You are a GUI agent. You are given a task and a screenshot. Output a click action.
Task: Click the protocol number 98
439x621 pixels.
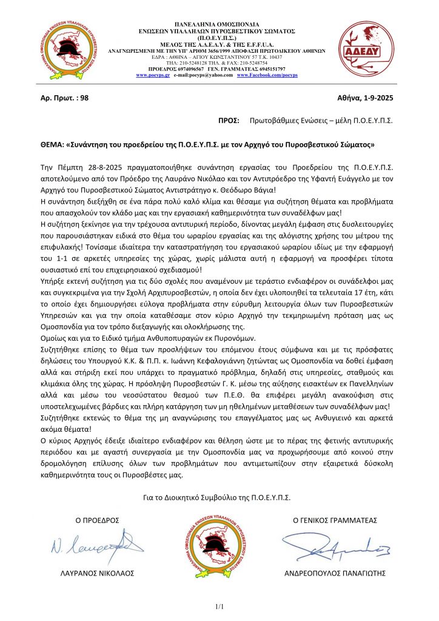[84, 96]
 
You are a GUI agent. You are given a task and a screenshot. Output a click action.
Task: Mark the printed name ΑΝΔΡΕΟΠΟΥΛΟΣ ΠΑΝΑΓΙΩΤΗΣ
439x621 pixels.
[335, 573]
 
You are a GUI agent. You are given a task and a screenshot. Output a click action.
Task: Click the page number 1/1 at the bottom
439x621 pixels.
[219, 606]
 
